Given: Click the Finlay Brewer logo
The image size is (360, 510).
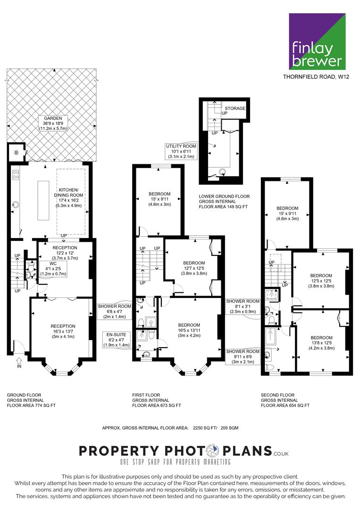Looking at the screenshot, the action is point(317,41).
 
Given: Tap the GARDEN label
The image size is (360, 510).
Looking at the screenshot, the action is point(53,123).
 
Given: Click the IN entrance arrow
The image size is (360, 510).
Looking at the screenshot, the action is point(19,363).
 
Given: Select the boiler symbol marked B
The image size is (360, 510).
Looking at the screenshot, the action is point(16,152).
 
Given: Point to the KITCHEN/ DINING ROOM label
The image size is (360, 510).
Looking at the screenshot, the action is point(68,197).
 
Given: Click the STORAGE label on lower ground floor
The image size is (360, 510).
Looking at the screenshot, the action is point(235,108).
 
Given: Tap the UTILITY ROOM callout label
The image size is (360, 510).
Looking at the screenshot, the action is point(181,151).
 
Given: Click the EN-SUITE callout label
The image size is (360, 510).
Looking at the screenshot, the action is point(117,340).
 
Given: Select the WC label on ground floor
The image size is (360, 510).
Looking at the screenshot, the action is point(53,269).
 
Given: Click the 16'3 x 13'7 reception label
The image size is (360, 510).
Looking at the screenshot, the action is point(63,331).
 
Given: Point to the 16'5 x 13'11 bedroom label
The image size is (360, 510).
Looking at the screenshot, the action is point(189,330).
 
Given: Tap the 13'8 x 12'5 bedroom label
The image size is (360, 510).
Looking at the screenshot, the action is point(321,343).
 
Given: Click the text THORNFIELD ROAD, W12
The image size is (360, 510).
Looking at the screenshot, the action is point(316,77).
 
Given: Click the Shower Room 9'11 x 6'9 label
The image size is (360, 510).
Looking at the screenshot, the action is point(243,357).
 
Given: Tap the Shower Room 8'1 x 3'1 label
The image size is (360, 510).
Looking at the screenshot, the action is point(243,306).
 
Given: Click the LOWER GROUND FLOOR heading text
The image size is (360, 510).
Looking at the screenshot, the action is point(224,196).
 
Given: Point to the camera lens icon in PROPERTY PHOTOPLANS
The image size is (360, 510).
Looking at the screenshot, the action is point(214,451).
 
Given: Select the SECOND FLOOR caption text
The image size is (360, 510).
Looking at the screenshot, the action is point(278,395).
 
